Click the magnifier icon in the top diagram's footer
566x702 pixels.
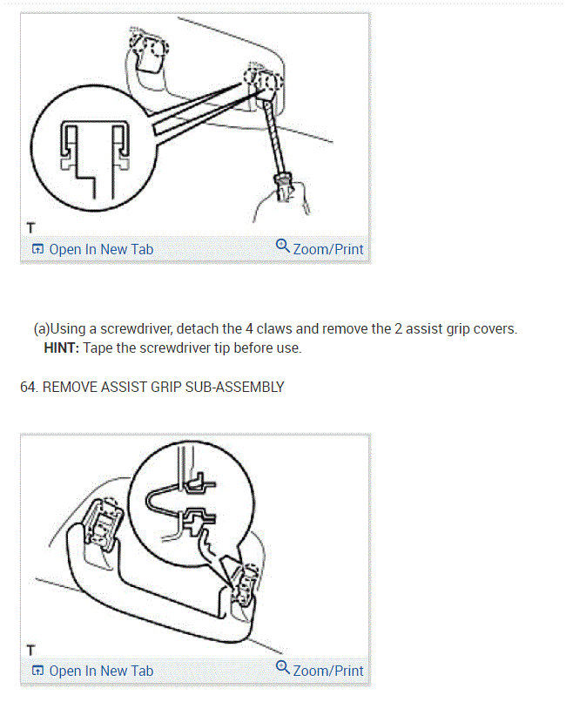pyautogui.click(x=283, y=246)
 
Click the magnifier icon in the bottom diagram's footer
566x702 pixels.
pyautogui.click(x=283, y=667)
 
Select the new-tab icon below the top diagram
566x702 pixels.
pyautogui.click(x=38, y=249)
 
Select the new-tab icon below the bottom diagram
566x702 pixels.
pyautogui.click(x=38, y=671)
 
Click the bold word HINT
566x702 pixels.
pyautogui.click(x=61, y=348)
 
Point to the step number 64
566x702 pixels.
pyautogui.click(x=29, y=388)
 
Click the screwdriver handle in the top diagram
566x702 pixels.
pyautogui.click(x=284, y=186)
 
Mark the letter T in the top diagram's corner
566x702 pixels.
pyautogui.click(x=30, y=228)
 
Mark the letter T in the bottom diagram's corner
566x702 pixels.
pyautogui.click(x=30, y=650)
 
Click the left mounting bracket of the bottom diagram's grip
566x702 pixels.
pyautogui.click(x=104, y=523)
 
